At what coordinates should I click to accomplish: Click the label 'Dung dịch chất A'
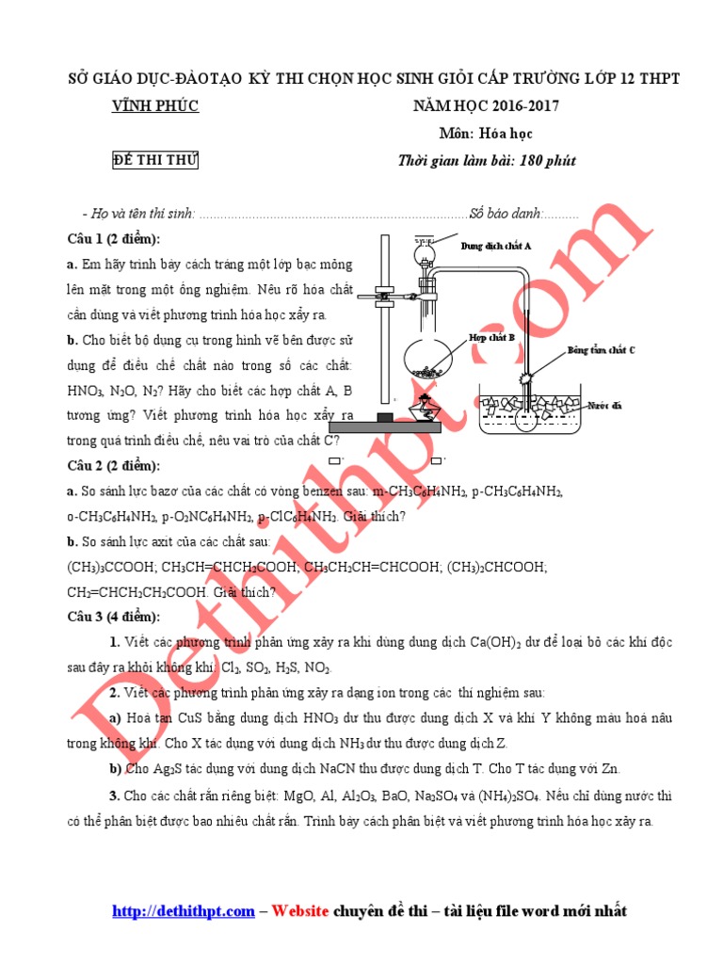point(496,246)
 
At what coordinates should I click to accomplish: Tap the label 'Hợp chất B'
point(491,335)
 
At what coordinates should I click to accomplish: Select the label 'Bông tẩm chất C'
point(601,350)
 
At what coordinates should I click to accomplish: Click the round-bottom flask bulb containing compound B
point(429,357)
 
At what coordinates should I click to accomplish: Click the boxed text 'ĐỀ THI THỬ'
point(155,160)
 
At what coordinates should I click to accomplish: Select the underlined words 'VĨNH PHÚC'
point(155,106)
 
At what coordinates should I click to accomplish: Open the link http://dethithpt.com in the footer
point(184,911)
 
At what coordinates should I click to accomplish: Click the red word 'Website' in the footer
point(301,911)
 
